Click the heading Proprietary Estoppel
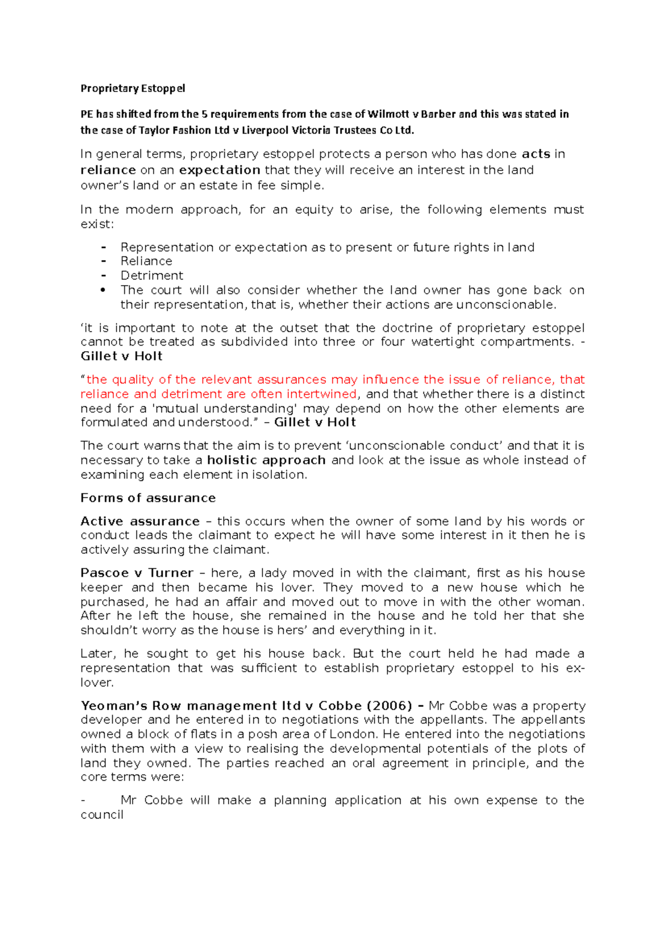pos(133,88)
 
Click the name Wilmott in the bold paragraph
pos(389,114)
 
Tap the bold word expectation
pos(220,170)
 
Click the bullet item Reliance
pos(147,261)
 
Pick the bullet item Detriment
pos(152,276)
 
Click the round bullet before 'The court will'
pos(103,290)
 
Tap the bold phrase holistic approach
pos(266,460)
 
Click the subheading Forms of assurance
pos(148,498)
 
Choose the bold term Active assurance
pos(140,521)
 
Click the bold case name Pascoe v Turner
pos(137,573)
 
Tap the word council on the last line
pos(102,815)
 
